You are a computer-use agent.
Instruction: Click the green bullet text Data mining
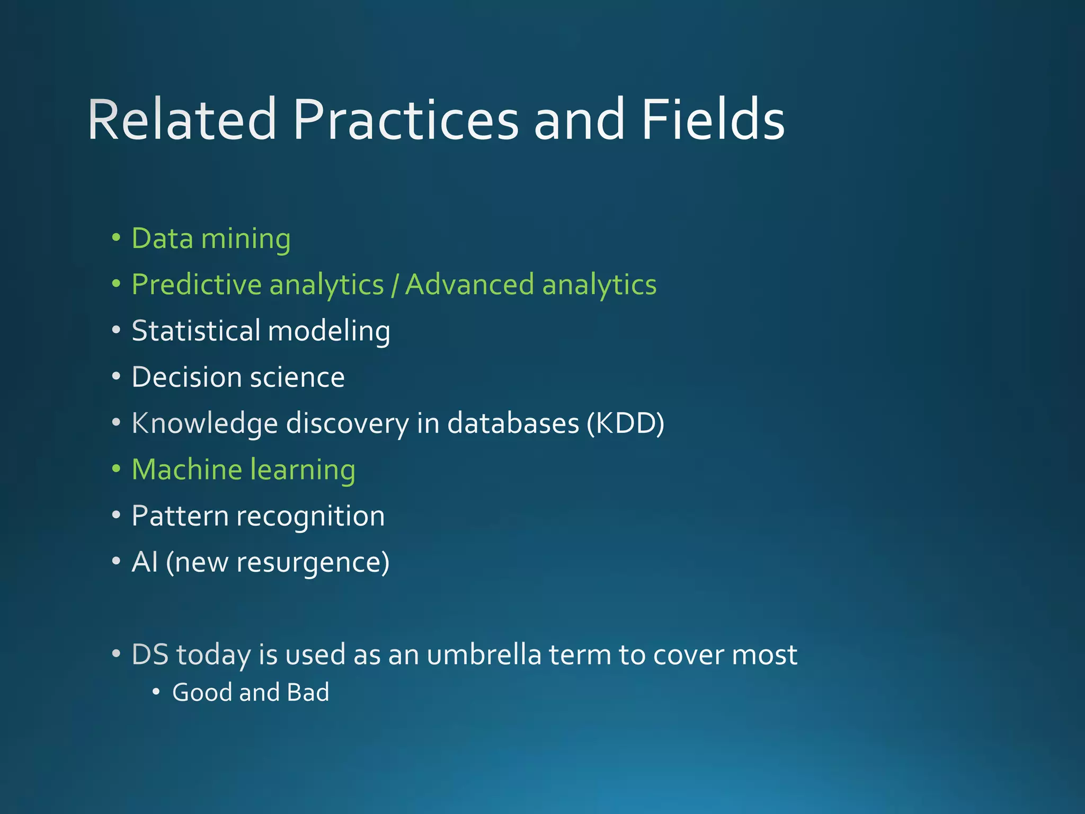pyautogui.click(x=211, y=238)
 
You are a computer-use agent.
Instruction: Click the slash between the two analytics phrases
pyautogui.click(x=394, y=286)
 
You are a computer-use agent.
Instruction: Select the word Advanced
pyautogui.click(x=469, y=285)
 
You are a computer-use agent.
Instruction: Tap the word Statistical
pyautogui.click(x=195, y=331)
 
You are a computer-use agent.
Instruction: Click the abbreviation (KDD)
pyautogui.click(x=625, y=423)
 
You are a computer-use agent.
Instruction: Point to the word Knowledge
pyautogui.click(x=204, y=423)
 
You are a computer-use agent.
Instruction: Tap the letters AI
pyautogui.click(x=145, y=562)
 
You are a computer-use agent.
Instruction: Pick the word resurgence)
pyautogui.click(x=313, y=563)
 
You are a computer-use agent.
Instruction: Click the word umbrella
pyautogui.click(x=484, y=654)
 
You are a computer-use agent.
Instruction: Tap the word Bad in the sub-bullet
pyautogui.click(x=308, y=693)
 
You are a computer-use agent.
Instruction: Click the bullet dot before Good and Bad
pyautogui.click(x=156, y=692)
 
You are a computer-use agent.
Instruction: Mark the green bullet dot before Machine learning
pyautogui.click(x=116, y=470)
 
